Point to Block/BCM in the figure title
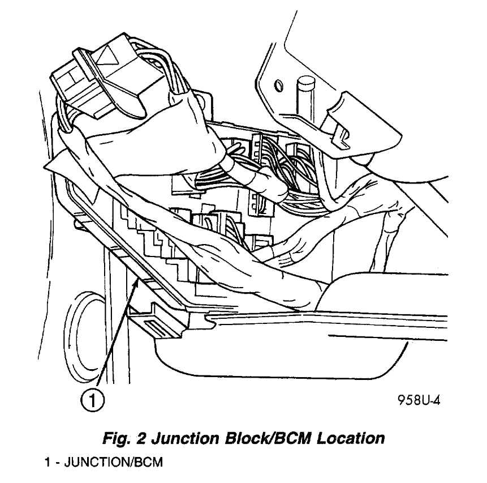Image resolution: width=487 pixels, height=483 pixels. pyautogui.click(x=263, y=438)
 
